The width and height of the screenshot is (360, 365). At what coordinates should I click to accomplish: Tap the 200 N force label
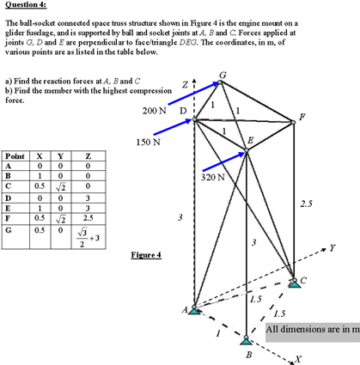click(154, 111)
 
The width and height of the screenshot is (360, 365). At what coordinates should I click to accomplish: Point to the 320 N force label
click(212, 177)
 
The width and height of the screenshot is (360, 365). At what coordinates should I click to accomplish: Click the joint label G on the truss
click(223, 77)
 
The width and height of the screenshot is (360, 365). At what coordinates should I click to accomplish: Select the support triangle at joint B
click(247, 339)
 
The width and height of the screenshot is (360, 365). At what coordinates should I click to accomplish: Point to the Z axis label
click(185, 84)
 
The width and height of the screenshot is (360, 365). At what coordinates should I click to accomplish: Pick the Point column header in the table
click(14, 156)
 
